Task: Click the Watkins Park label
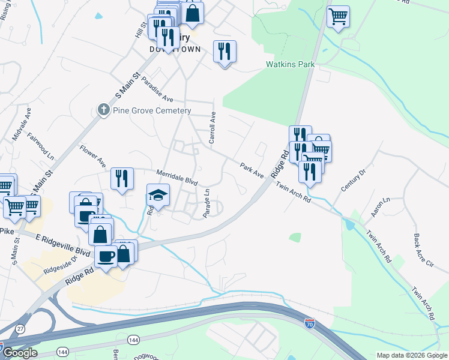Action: tap(291, 64)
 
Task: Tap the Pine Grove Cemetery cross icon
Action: tap(103, 110)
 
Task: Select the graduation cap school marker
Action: tap(158, 195)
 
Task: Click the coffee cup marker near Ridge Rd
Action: tap(106, 256)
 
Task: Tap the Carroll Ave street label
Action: tap(212, 128)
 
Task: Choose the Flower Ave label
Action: tap(92, 155)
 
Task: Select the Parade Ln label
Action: tap(206, 205)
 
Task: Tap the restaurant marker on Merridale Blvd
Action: tap(122, 178)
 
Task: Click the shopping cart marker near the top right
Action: tap(339, 16)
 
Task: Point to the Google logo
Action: tap(20, 353)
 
